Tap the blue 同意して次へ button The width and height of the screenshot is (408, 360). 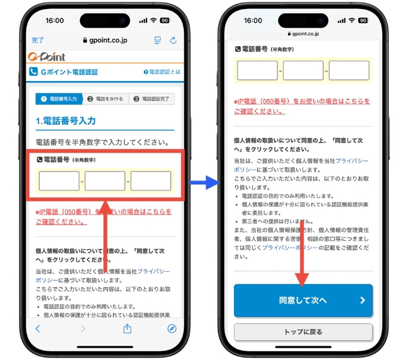point(303,300)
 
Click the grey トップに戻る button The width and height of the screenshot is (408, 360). point(303,332)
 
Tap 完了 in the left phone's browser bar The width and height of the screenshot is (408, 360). point(38,40)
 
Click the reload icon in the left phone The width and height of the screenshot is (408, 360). point(173,40)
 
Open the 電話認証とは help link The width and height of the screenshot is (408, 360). point(161,72)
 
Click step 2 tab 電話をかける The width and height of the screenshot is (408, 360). point(106,98)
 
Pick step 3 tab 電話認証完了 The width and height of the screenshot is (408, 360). point(151,98)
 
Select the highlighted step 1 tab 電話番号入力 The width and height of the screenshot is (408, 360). point(59,98)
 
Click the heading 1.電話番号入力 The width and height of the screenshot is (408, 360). point(65,121)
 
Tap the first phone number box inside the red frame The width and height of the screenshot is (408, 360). point(59,181)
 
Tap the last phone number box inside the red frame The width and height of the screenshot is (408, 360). point(151,181)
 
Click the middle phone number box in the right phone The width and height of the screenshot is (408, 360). point(303,71)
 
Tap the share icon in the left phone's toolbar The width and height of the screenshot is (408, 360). point(127,328)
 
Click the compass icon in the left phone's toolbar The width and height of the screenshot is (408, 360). point(172,328)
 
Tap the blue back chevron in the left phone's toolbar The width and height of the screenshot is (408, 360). point(38,328)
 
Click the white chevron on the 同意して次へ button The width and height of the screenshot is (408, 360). point(362,300)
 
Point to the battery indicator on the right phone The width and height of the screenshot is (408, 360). point(363,20)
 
